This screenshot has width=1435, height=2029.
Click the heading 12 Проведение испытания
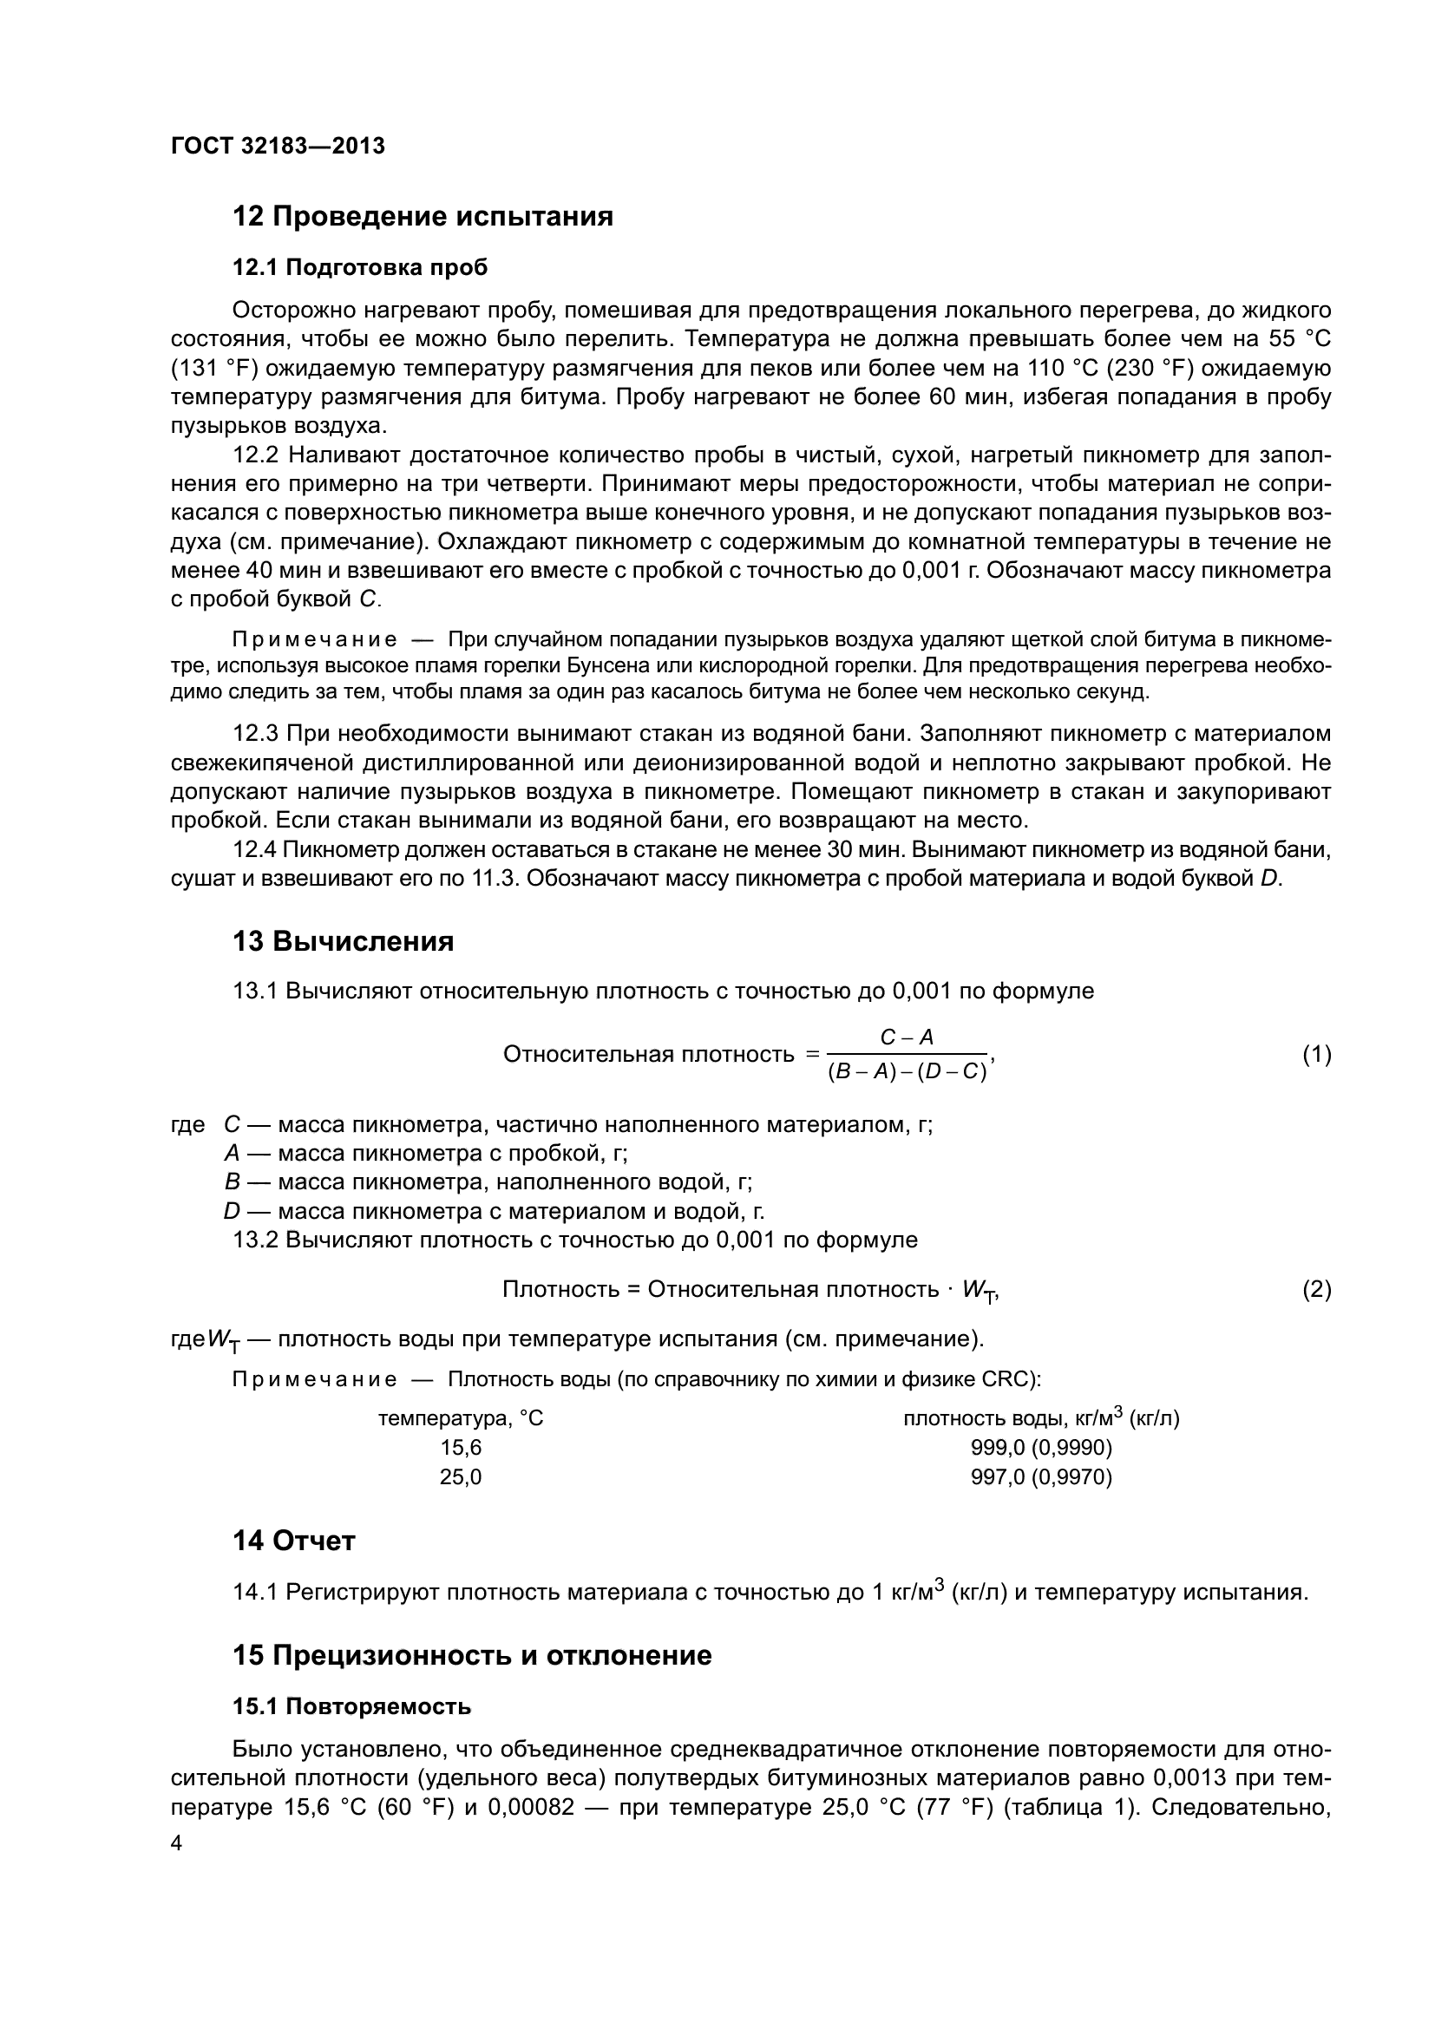click(423, 217)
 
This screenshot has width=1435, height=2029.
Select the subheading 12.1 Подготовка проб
click(360, 268)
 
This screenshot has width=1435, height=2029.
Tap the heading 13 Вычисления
click(343, 942)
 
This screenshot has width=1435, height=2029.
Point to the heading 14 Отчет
click(293, 1541)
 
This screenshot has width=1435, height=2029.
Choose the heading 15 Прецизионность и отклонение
click(472, 1655)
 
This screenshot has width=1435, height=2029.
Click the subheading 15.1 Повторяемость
click(351, 1706)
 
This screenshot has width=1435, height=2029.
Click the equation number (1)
click(1317, 1054)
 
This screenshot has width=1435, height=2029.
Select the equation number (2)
click(1317, 1290)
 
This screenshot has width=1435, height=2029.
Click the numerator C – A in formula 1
click(907, 1037)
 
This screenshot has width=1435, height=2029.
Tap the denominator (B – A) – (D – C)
click(907, 1073)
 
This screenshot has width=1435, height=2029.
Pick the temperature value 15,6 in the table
click(461, 1448)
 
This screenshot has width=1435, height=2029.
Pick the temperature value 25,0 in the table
click(461, 1476)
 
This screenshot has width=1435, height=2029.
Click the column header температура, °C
click(461, 1418)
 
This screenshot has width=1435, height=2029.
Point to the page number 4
click(176, 1843)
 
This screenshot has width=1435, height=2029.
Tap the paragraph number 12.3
click(255, 734)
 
